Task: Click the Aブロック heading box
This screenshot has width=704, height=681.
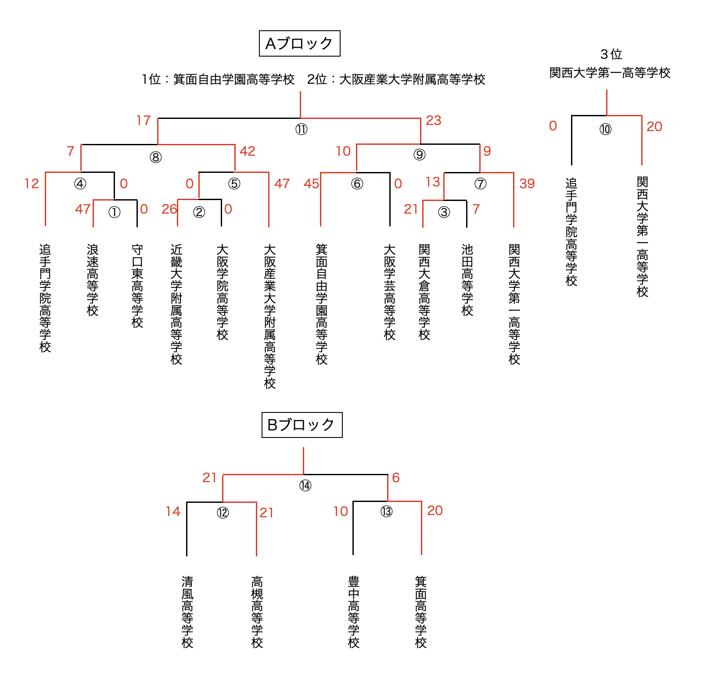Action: click(300, 43)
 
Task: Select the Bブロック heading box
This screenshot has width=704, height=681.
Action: click(302, 425)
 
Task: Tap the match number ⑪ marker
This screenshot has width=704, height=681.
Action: click(301, 129)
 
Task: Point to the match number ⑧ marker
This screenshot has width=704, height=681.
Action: click(155, 157)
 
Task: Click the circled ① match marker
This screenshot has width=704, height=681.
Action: click(114, 212)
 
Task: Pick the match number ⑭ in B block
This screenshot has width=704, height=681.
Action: click(305, 486)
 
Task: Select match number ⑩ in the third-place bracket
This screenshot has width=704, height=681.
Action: click(605, 129)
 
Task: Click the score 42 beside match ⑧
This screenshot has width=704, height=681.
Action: click(248, 151)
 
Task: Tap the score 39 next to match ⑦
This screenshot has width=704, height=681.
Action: click(527, 183)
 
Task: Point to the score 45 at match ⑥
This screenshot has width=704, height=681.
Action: click(311, 183)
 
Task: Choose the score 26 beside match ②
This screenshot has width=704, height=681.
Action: click(169, 209)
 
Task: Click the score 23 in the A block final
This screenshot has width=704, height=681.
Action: click(433, 120)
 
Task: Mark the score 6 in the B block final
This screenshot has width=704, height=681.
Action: click(396, 477)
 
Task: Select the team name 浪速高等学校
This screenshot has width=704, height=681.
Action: click(93, 280)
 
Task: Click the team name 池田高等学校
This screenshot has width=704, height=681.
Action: click(467, 280)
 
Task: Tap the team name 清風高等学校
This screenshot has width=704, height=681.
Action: click(187, 613)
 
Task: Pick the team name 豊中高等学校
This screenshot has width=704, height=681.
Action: click(354, 613)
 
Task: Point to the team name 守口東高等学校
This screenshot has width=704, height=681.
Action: click(137, 286)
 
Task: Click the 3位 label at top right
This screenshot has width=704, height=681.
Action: click(611, 54)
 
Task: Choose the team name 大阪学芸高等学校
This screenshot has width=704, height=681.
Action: click(390, 292)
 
